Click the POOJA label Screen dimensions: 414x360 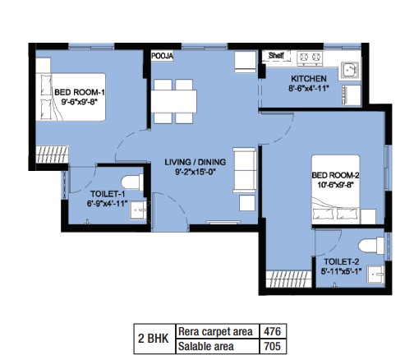(x=163, y=56)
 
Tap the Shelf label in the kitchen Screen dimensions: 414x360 (x=276, y=55)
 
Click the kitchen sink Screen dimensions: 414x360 (x=350, y=70)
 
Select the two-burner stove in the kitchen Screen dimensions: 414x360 (x=310, y=58)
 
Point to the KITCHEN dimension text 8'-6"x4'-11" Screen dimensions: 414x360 (x=308, y=89)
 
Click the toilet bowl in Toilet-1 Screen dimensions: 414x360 (x=132, y=182)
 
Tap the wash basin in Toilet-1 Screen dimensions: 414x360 (x=138, y=210)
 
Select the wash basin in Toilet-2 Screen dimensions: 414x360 (x=376, y=275)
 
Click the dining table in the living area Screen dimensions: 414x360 (x=173, y=101)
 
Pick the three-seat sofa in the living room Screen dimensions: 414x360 (x=245, y=170)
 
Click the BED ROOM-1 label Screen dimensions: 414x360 (x=80, y=92)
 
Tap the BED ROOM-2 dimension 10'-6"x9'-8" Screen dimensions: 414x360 (x=334, y=185)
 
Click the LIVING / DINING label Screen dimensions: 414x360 (x=195, y=162)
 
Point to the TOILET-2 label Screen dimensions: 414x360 (x=342, y=261)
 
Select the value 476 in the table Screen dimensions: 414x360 (x=273, y=331)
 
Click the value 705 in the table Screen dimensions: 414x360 (x=273, y=346)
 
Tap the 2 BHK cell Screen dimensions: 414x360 (x=154, y=339)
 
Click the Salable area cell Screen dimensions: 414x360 (x=206, y=346)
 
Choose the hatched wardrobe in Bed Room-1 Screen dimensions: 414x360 (x=52, y=155)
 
